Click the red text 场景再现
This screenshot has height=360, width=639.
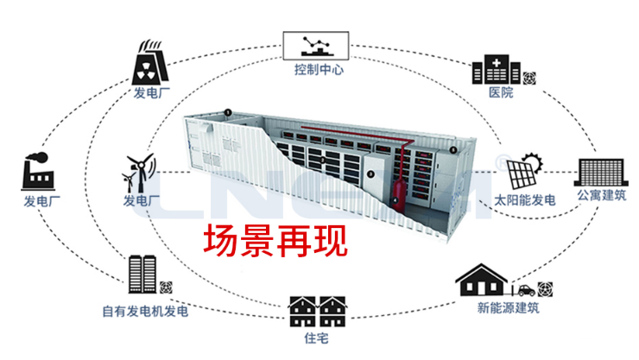(x=275, y=241)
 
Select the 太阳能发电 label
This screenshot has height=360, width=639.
(x=524, y=201)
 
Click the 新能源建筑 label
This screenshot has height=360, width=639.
(x=508, y=307)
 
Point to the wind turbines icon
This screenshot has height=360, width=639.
(x=140, y=173)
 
